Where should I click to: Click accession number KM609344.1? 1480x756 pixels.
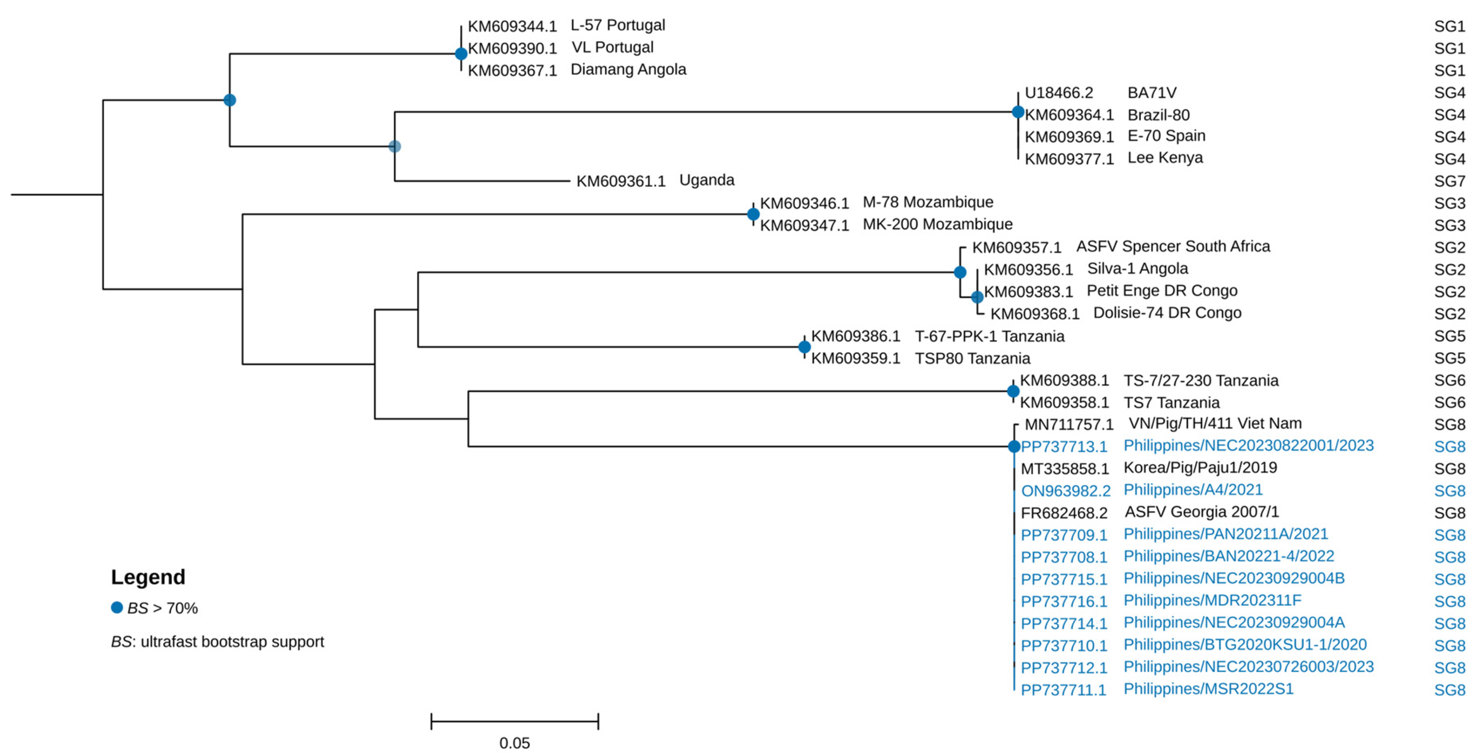[x=512, y=26]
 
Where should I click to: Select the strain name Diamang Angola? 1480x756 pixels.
[x=628, y=70]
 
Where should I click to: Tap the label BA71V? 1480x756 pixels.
[x=1151, y=93]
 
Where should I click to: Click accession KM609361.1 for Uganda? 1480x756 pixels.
[x=621, y=182]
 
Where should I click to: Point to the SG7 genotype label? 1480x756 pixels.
[x=1449, y=182]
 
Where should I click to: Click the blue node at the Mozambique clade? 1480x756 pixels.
[x=753, y=214]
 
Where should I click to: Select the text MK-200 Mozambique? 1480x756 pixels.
[x=937, y=224]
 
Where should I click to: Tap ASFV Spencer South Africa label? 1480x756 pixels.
[x=1173, y=247]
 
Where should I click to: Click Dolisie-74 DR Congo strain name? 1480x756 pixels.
[x=1167, y=313]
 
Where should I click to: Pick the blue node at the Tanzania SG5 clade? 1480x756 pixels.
[x=804, y=347]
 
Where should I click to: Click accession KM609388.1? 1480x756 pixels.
[x=1064, y=381]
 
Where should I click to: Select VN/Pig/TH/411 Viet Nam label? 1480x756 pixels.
[x=1215, y=424]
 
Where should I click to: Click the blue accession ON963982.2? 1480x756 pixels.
[x=1066, y=491]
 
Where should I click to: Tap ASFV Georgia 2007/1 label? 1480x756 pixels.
[x=1201, y=512]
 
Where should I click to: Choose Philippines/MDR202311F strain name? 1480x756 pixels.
[x=1212, y=601]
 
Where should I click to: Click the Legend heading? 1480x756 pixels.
[x=148, y=577]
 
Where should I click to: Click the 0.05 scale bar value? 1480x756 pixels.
[x=514, y=743]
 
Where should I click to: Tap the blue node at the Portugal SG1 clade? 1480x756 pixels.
[x=461, y=54]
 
